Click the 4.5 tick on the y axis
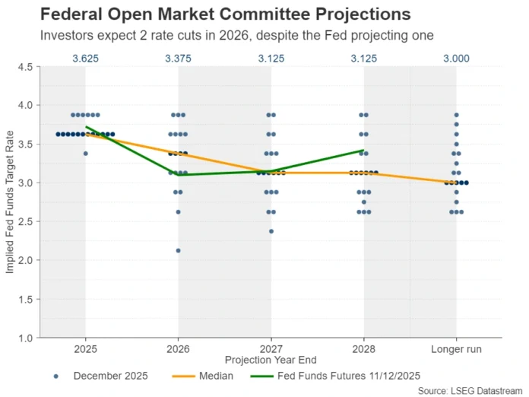pyautogui.click(x=24, y=67)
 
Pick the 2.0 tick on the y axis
pyautogui.click(x=24, y=260)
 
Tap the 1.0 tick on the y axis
pyautogui.click(x=24, y=338)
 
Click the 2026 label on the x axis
pyautogui.click(x=178, y=348)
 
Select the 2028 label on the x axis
pyautogui.click(x=363, y=348)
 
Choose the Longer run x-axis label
pyautogui.click(x=456, y=348)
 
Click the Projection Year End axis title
pyautogui.click(x=271, y=359)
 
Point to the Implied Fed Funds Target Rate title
pyautogui.click(x=9, y=202)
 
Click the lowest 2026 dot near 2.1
pyautogui.click(x=178, y=250)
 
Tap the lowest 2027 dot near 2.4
pyautogui.click(x=271, y=231)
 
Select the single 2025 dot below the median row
pyautogui.click(x=85, y=154)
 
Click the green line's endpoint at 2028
pyautogui.click(x=363, y=151)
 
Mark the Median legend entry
pyautogui.click(x=205, y=376)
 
